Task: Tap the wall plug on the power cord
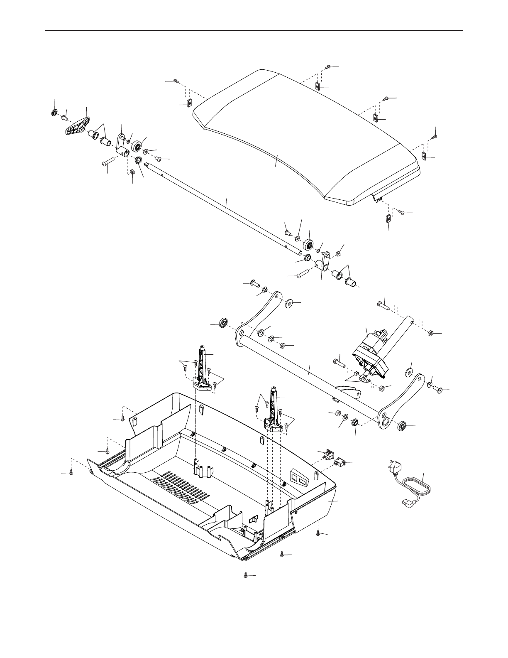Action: click(394, 468)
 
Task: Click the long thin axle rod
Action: click(224, 208)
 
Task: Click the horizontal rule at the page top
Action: click(254, 30)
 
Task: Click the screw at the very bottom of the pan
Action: click(246, 576)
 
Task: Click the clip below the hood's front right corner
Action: click(387, 219)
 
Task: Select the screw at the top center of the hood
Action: click(328, 67)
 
